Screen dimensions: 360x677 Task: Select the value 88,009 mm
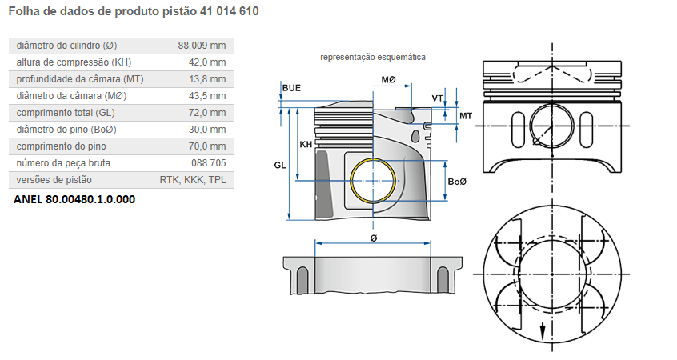tap(202, 45)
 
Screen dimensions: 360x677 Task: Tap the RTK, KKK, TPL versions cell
tap(193, 180)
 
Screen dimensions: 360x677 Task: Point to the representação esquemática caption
tap(373, 58)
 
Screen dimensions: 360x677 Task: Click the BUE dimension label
tap(291, 86)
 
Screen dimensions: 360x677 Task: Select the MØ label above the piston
tap(389, 80)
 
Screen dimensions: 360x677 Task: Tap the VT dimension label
tap(437, 98)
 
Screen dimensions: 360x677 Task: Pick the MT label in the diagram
tap(465, 117)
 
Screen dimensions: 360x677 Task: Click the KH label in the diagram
tap(306, 145)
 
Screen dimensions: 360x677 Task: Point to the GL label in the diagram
tap(280, 164)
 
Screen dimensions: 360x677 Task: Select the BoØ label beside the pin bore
tap(457, 182)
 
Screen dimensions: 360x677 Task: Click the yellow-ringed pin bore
tap(374, 182)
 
